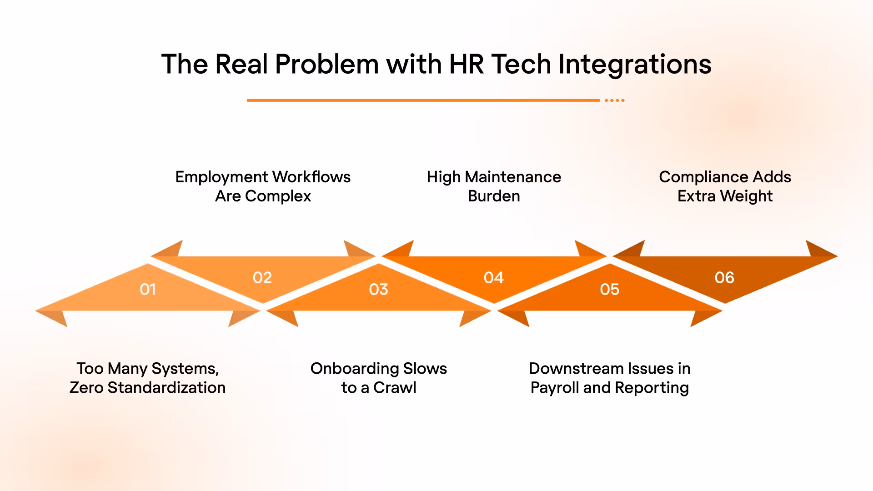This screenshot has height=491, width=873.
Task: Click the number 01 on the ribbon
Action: [148, 289]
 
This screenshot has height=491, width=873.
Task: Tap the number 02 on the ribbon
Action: [262, 277]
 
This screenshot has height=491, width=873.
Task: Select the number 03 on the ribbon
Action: [379, 289]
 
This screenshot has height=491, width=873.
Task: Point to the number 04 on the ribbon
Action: [494, 277]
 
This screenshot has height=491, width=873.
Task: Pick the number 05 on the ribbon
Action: [610, 289]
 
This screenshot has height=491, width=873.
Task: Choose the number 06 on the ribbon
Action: [724, 277]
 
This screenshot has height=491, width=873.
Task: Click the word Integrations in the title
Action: [635, 64]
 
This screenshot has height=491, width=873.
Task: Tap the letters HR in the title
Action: [467, 64]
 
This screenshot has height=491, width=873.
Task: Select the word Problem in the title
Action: [327, 64]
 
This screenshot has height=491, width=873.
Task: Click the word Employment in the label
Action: [222, 177]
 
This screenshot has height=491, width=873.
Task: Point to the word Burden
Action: [494, 196]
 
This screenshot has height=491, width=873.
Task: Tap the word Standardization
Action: [166, 387]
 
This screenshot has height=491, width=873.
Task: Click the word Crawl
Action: [395, 387]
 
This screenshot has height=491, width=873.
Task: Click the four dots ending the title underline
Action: [615, 100]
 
